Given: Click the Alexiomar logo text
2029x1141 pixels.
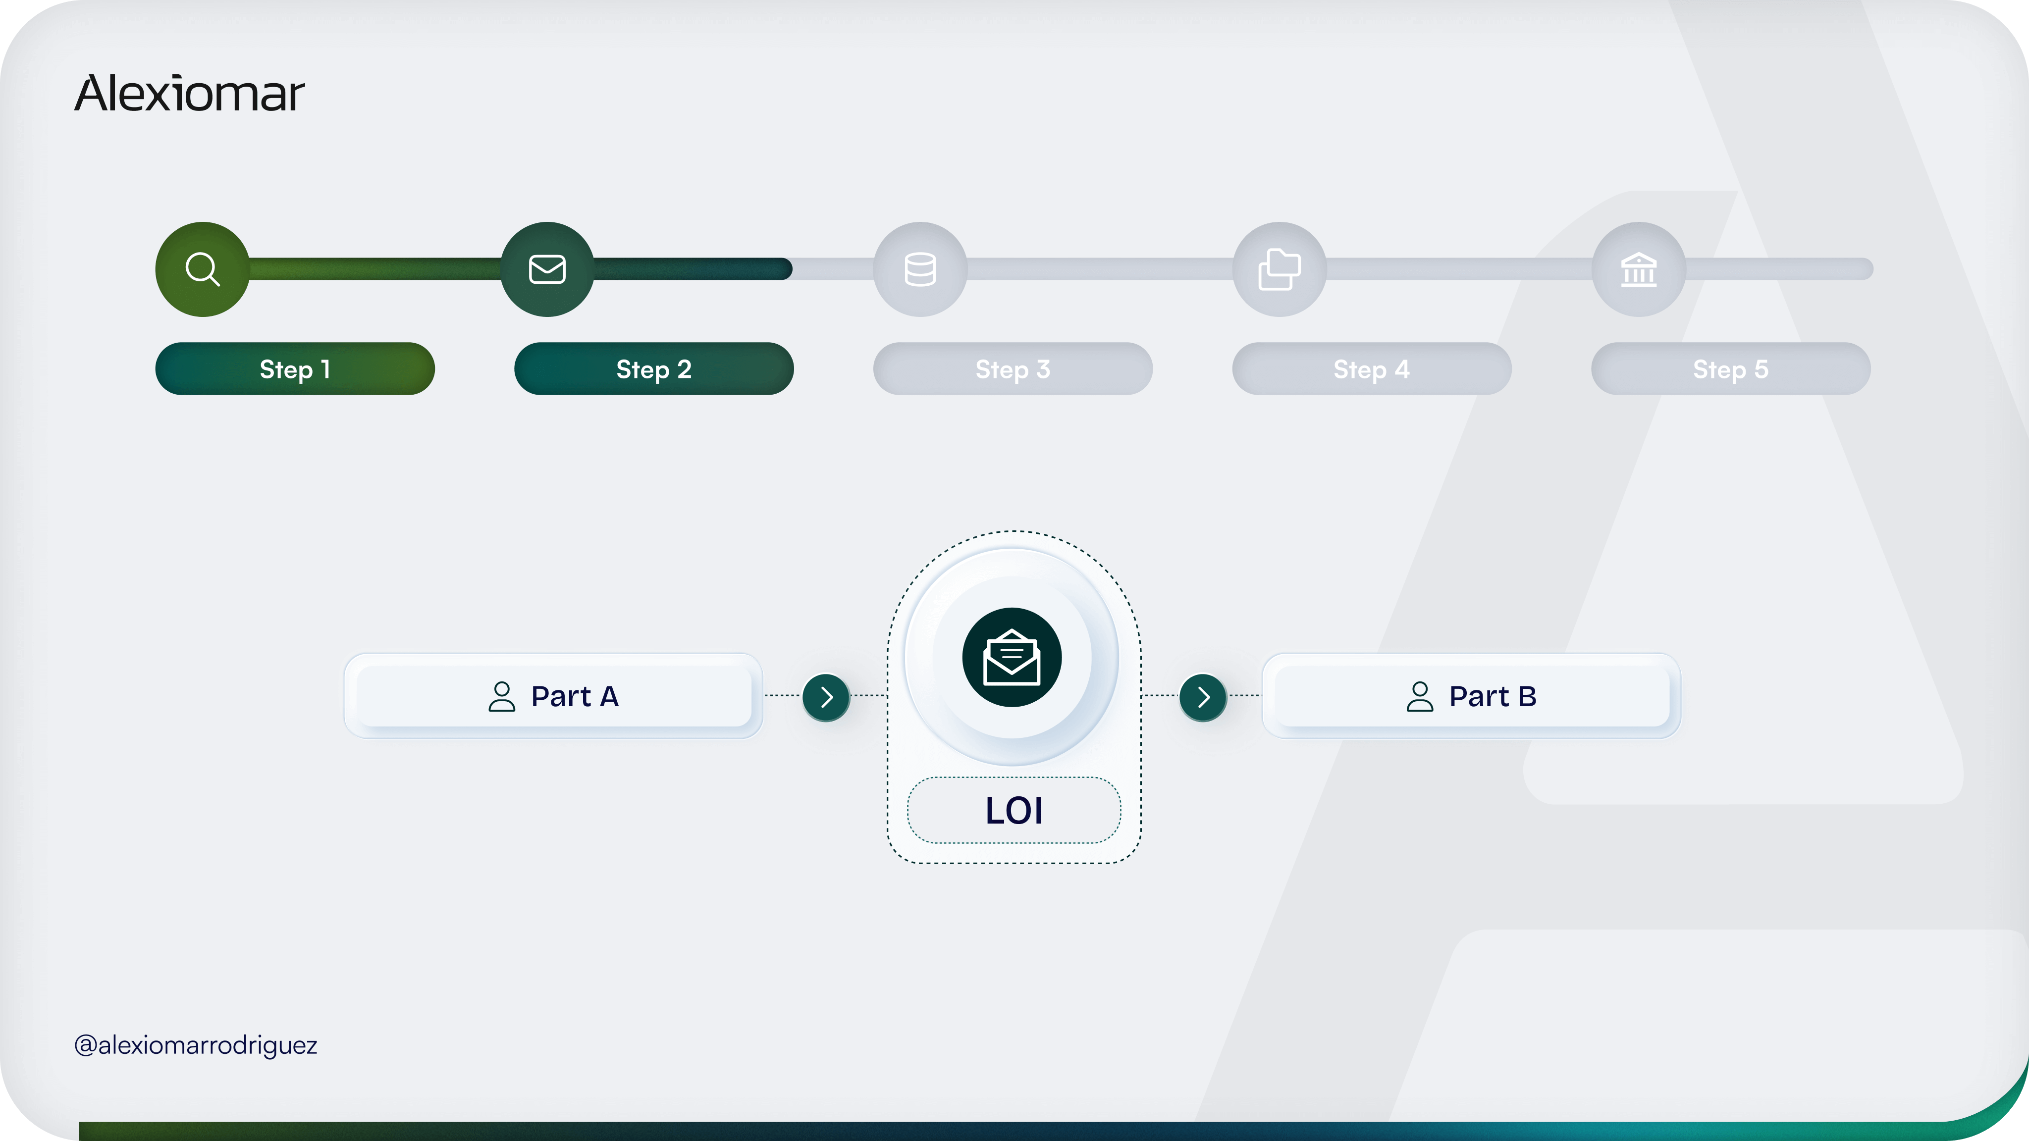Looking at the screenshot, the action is (189, 93).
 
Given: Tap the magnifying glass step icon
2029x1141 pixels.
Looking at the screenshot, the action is (203, 269).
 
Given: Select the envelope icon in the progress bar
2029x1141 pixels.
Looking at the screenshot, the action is (547, 269).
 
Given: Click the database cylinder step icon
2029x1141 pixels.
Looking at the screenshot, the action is (920, 269).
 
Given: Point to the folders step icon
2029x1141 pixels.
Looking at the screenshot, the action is (1279, 269).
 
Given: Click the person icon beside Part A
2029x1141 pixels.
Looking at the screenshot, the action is (502, 697).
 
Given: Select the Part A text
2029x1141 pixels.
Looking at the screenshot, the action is (575, 697).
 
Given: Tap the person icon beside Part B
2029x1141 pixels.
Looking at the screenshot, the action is (1420, 697).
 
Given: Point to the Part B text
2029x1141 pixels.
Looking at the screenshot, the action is (1493, 697).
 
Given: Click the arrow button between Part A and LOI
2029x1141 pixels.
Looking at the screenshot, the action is (826, 697).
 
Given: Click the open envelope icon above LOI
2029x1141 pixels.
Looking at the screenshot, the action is (1012, 658).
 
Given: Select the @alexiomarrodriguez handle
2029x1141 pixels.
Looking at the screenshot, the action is (195, 1045).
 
